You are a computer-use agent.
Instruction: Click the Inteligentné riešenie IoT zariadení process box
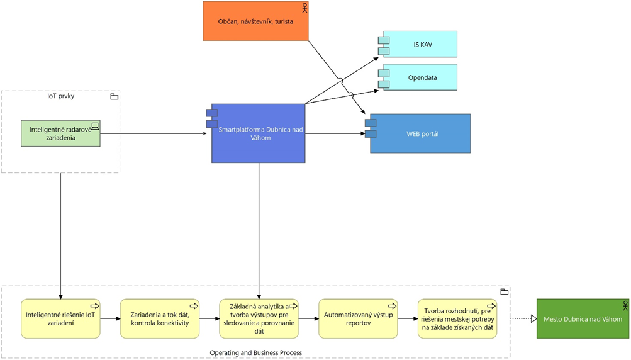click(60, 318)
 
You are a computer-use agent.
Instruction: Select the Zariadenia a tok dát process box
click(160, 318)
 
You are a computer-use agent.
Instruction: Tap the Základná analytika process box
click(259, 318)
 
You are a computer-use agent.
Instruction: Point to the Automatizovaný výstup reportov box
click(358, 318)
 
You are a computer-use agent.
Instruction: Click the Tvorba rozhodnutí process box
click(457, 318)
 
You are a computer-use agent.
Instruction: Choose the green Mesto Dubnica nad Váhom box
click(583, 318)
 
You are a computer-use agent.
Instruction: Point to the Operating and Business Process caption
click(255, 353)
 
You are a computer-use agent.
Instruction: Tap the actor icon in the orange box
click(305, 8)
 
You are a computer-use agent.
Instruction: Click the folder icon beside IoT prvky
click(114, 96)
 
